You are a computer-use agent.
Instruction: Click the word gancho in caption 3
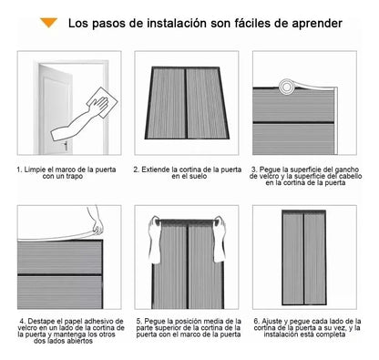tap(343, 170)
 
